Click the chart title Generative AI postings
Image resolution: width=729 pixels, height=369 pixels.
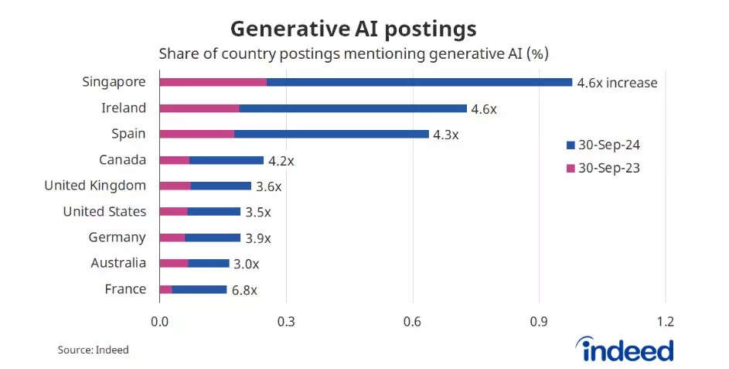(353, 29)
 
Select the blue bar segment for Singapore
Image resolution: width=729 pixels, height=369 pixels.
(419, 82)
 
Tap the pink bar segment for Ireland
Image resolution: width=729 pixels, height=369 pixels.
(199, 108)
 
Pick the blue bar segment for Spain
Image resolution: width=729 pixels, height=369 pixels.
(331, 134)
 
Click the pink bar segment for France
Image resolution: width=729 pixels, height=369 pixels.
(165, 289)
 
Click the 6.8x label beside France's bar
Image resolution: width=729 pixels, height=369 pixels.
(244, 290)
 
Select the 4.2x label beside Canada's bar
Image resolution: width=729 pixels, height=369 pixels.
(281, 161)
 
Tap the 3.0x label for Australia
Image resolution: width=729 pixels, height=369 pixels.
(246, 264)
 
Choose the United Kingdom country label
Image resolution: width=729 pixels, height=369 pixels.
(95, 186)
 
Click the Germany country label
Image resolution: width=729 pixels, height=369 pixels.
(117, 237)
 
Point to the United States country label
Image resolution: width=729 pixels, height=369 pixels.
(104, 211)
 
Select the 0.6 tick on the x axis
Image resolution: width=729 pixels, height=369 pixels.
(412, 322)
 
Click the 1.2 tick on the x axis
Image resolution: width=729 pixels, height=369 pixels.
(665, 322)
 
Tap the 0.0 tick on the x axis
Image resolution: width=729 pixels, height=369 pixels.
(159, 322)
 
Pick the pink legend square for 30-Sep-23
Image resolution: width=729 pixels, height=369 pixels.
(571, 168)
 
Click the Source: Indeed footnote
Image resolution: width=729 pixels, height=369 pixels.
(93, 350)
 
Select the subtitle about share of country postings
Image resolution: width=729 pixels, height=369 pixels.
(353, 55)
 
